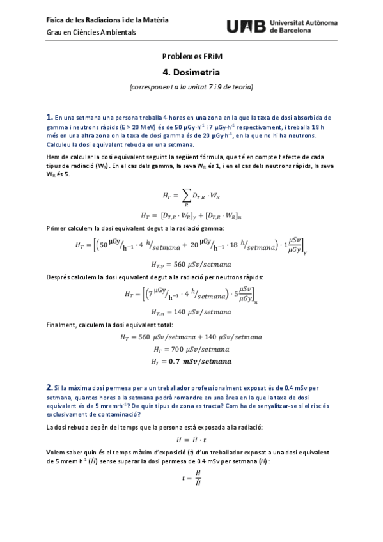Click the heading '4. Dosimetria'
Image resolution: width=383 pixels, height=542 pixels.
pos(191,74)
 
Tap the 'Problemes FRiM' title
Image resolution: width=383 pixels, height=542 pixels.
pos(191,58)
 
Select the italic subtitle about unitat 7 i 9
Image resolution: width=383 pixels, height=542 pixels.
pos(191,87)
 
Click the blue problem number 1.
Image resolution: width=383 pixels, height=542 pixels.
pos(49,117)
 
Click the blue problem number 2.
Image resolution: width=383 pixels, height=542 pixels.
pos(49,387)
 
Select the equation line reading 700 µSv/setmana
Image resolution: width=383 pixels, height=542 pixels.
pos(191,350)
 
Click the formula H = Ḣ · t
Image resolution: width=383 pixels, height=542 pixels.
pos(191,440)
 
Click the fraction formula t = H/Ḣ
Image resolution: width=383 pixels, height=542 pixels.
pos(191,478)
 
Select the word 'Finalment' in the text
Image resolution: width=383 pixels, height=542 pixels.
pos(61,325)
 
